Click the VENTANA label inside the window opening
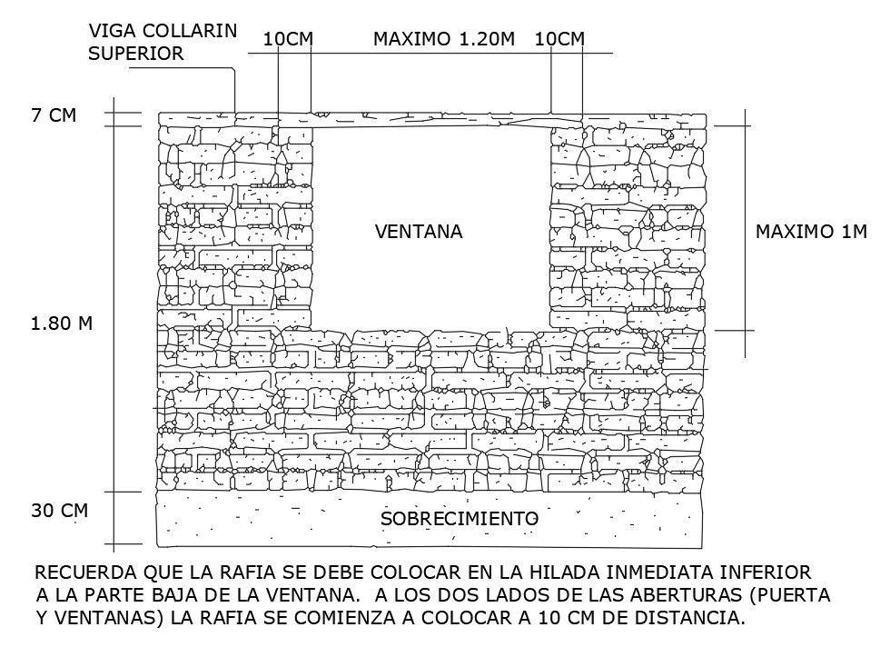pyautogui.click(x=419, y=232)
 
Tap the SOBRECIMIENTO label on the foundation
pyautogui.click(x=460, y=518)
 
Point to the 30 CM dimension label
pyautogui.click(x=60, y=510)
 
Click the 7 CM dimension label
pyautogui.click(x=54, y=115)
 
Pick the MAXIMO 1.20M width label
pyautogui.click(x=444, y=39)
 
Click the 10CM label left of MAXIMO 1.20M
pyautogui.click(x=289, y=39)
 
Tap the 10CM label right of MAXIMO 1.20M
pyautogui.click(x=559, y=39)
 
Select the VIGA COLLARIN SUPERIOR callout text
pyautogui.click(x=163, y=42)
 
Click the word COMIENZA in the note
pyautogui.click(x=331, y=620)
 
